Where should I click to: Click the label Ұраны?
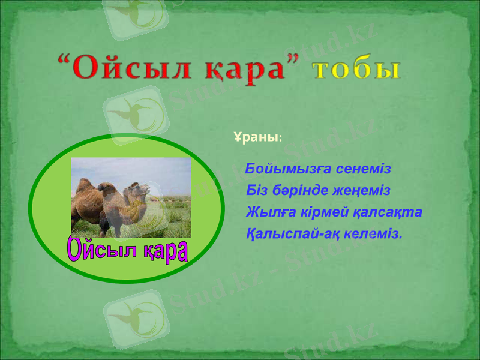pos(256,137)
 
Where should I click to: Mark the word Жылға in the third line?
pos(268,212)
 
